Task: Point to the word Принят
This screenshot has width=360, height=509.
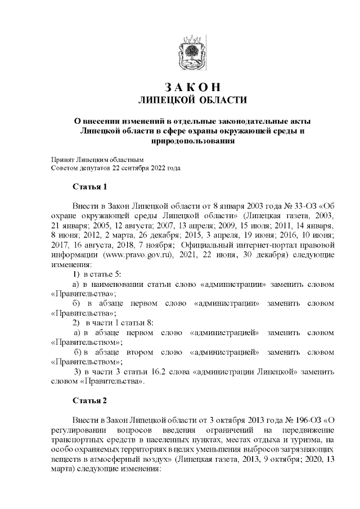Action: tap(62, 159)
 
